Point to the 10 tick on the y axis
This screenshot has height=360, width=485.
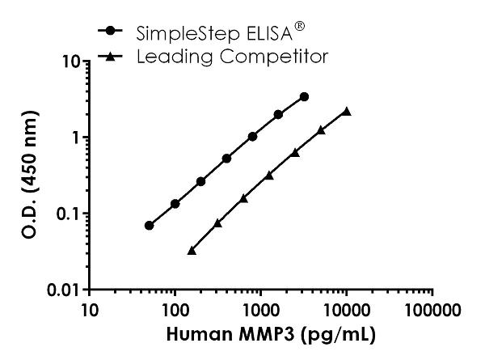point(70,61)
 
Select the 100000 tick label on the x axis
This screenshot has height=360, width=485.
point(433,309)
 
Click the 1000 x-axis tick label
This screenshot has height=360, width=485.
point(260,309)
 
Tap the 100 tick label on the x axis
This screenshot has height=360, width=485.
point(175,309)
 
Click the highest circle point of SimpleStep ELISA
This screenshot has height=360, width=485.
point(304,97)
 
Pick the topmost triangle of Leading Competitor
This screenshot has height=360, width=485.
point(347,112)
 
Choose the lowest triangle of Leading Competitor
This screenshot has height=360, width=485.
point(192,251)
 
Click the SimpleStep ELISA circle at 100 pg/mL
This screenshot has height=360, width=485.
point(175,204)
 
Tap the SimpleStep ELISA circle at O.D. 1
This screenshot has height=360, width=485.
point(253,137)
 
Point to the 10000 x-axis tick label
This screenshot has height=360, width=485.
point(347,309)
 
